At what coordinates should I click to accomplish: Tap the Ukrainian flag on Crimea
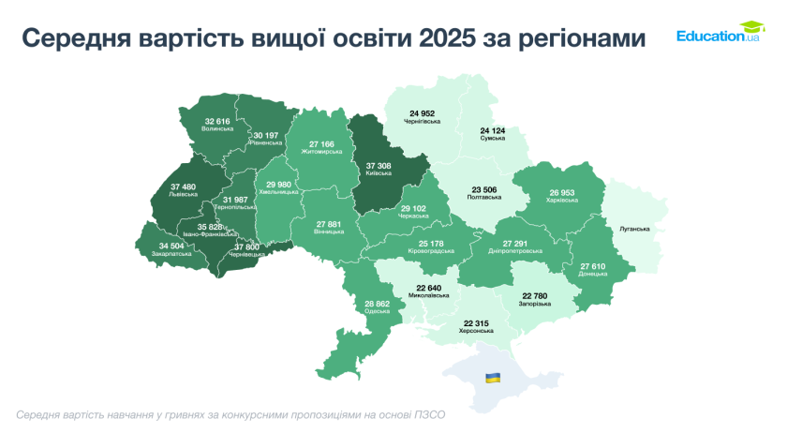coord(492,377)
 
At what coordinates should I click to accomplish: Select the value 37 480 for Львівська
coord(184,186)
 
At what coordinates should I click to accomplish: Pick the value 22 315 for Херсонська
coord(477,322)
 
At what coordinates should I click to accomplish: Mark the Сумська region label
coord(493,138)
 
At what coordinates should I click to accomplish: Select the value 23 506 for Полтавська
coord(484,189)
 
